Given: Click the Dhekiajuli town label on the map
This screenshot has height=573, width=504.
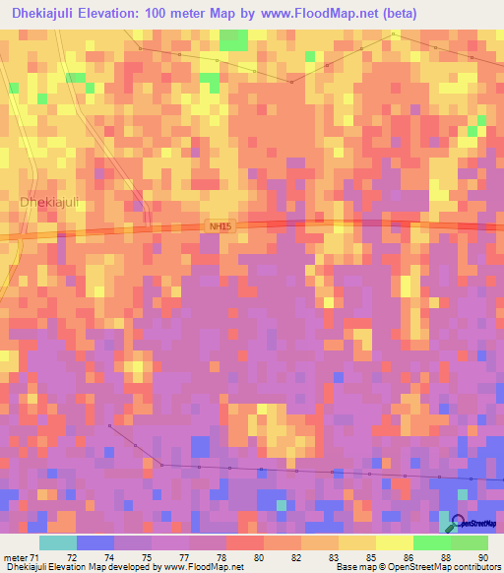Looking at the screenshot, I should pos(49,202).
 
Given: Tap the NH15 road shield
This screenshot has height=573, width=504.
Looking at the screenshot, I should pos(220,226).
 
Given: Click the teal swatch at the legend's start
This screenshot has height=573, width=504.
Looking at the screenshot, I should pos(58,542).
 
